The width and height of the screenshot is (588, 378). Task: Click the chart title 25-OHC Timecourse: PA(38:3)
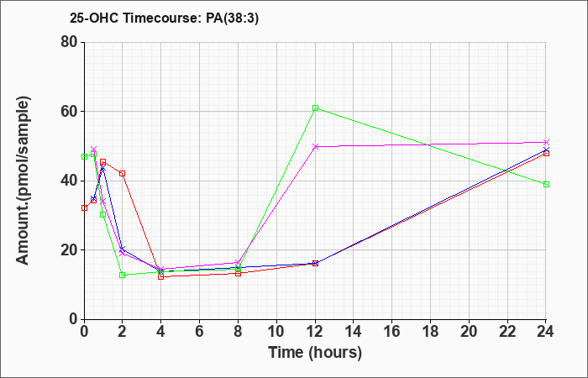pos(165,18)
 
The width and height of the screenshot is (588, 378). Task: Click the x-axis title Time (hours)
pos(315,353)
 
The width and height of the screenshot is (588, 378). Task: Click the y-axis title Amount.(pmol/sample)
pos(24,181)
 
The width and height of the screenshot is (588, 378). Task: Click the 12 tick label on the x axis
pos(315,331)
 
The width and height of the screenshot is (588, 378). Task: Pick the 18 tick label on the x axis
pos(430,331)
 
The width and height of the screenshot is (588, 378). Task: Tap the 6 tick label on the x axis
pos(200,331)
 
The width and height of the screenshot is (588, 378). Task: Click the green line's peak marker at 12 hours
pos(315,108)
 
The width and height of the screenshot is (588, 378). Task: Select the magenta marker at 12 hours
pos(315,146)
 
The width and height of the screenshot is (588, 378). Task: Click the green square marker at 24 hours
pos(546,184)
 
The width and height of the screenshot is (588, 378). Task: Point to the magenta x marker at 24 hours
pos(546,143)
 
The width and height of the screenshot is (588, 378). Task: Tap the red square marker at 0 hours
pos(84,207)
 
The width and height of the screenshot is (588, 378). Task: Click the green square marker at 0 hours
pos(84,156)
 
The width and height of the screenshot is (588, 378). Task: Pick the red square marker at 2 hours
pos(123,173)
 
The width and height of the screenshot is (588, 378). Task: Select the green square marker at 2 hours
pos(123,275)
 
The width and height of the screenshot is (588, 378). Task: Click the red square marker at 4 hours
pos(161,276)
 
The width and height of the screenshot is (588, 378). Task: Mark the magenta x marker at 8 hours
pos(238,262)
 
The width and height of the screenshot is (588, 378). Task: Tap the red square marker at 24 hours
pos(546,153)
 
